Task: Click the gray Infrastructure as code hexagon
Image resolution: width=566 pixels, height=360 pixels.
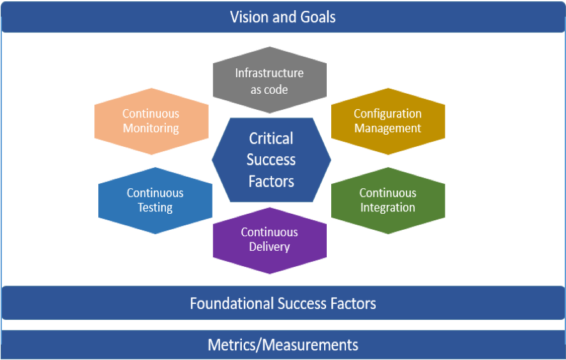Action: (x=270, y=80)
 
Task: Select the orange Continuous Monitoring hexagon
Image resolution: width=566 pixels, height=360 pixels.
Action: (x=151, y=121)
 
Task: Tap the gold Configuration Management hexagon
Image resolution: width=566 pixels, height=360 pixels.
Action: (x=388, y=121)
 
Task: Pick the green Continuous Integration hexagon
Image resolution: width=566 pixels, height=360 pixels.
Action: (x=388, y=201)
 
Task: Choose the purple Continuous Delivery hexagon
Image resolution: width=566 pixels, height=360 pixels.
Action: (x=270, y=241)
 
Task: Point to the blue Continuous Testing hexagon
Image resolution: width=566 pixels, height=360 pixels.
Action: (x=155, y=201)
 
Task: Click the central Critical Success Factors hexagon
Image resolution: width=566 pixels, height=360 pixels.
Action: (x=271, y=160)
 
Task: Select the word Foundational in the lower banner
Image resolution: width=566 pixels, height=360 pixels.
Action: (x=232, y=304)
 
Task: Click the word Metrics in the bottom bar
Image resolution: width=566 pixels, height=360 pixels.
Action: (x=232, y=345)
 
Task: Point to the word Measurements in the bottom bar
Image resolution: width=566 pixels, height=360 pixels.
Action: (x=310, y=345)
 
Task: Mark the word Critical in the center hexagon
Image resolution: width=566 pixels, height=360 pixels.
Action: (x=271, y=139)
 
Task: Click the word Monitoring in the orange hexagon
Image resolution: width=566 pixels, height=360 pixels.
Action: (x=151, y=128)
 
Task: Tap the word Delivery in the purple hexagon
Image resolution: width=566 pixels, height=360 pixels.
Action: (x=269, y=247)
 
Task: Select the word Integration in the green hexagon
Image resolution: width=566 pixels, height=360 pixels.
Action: (x=388, y=207)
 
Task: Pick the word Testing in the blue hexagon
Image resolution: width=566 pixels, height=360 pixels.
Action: (x=155, y=207)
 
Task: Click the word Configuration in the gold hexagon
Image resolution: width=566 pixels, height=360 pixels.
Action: (x=388, y=114)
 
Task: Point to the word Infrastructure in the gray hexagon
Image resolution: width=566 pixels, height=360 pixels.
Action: (x=269, y=73)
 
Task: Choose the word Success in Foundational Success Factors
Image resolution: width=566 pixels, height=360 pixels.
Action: (x=302, y=304)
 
